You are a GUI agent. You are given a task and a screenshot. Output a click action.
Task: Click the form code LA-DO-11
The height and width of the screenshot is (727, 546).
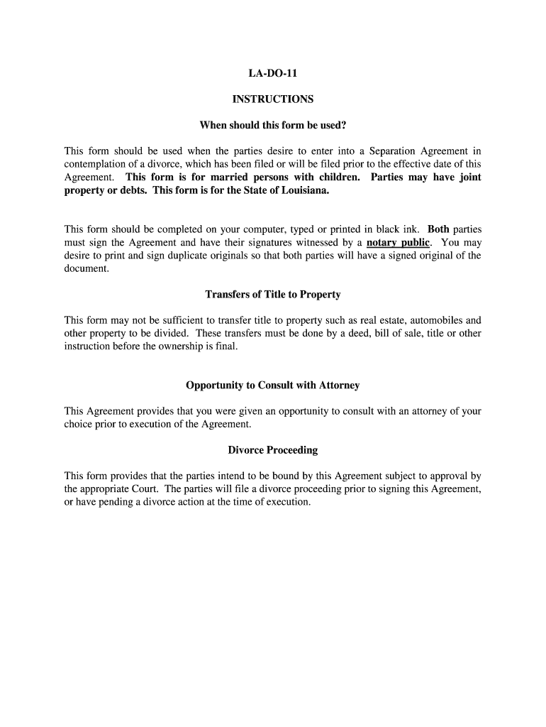(272, 73)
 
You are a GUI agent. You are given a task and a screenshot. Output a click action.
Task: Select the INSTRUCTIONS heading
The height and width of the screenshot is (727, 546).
(273, 99)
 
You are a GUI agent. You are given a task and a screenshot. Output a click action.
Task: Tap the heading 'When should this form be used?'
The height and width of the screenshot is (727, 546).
(273, 126)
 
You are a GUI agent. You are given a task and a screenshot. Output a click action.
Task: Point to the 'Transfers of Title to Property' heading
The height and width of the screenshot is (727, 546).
(273, 294)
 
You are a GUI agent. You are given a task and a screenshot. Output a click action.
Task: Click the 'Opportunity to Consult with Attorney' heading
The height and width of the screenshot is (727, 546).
(273, 386)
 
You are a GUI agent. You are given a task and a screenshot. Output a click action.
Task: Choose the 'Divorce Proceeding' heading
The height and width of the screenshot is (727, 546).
(273, 450)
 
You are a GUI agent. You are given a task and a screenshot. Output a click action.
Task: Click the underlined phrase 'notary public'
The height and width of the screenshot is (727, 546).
(398, 243)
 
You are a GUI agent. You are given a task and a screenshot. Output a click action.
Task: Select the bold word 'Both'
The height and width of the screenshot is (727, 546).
(438, 230)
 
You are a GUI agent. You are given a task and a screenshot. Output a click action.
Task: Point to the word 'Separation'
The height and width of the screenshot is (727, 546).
(394, 151)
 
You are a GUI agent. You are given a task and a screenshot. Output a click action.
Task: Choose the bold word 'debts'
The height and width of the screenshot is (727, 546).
(134, 191)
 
